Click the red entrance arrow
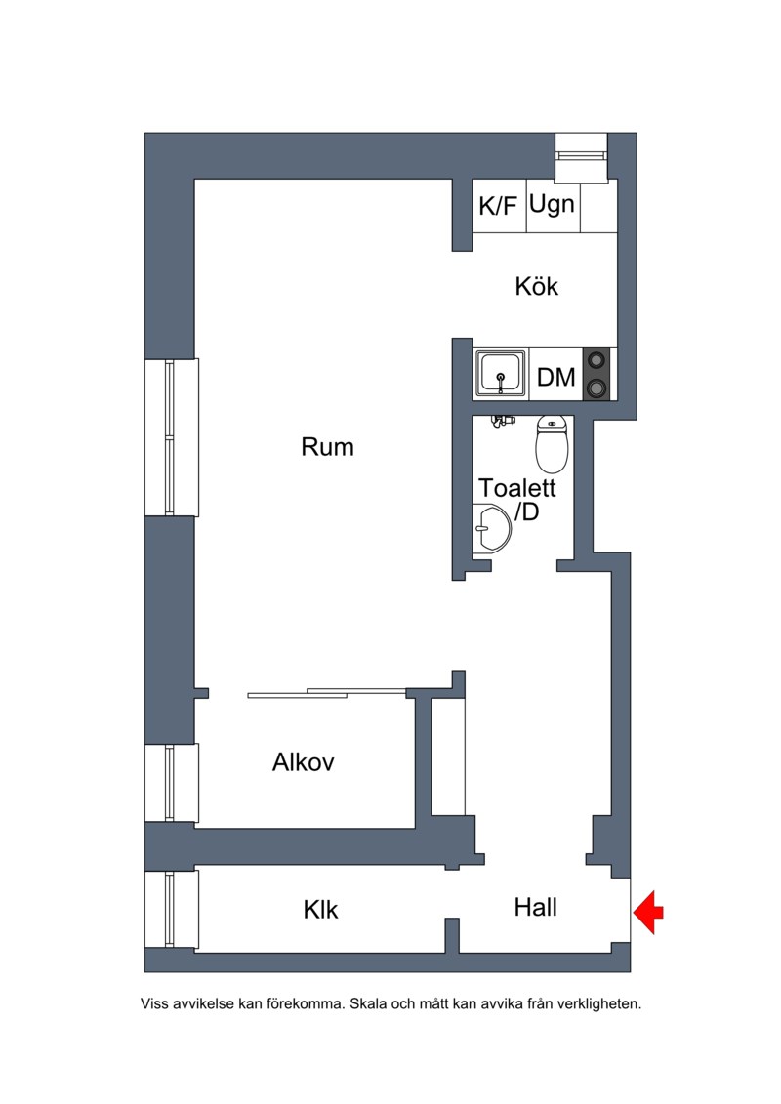pos(648,912)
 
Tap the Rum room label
pos(327,447)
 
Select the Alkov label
pos(303,761)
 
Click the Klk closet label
pos(320,909)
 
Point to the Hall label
pos(535,907)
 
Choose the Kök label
pos(537,286)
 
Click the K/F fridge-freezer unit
pos(499,206)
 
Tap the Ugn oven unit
pos(554,206)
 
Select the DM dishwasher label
pos(555,378)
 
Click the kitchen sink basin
pos(500,373)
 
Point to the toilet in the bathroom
pos(553,444)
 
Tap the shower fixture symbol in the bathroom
pos(503,421)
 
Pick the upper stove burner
pos(596,360)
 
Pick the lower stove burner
pos(596,388)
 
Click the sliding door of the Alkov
pos(327,693)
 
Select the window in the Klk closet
pos(171,909)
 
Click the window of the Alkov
pos(171,782)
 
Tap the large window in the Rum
pos(171,437)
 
